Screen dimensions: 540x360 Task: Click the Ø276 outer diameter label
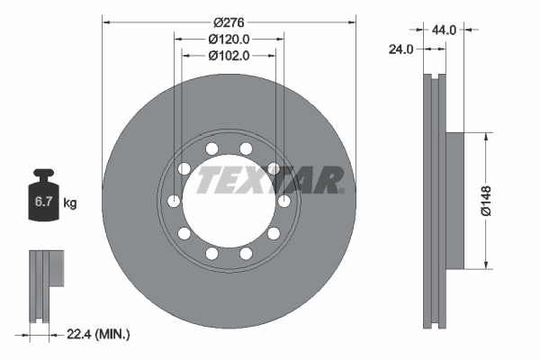[229, 22]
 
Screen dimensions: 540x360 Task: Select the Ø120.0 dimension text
[229, 40]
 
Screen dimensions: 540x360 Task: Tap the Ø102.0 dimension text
[229, 56]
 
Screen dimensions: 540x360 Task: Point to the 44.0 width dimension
[444, 31]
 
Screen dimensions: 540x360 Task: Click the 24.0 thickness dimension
[400, 49]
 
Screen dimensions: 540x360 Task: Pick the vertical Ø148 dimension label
[486, 201]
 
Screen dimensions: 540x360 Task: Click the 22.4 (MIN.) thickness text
[98, 334]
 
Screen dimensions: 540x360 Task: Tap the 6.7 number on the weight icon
[43, 202]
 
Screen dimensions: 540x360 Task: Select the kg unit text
[70, 202]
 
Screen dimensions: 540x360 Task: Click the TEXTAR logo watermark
[270, 180]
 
